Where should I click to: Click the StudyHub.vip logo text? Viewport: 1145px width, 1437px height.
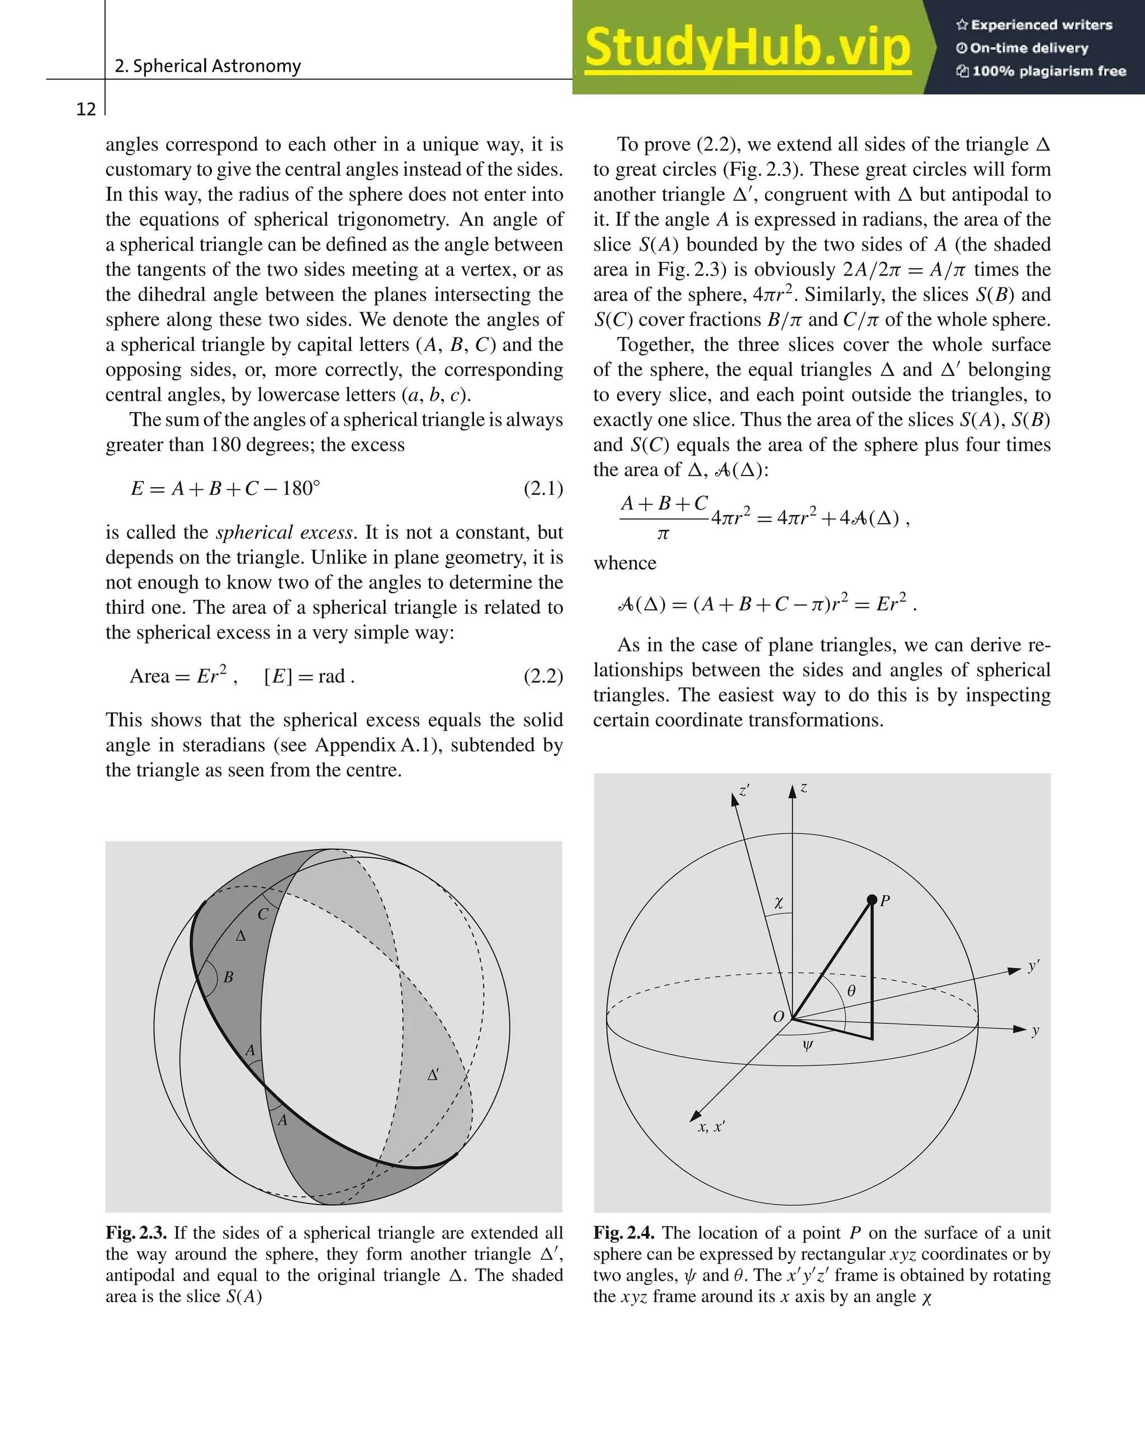click(x=747, y=48)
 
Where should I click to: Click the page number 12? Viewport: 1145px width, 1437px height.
click(x=86, y=109)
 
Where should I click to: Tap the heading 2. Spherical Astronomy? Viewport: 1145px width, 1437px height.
click(x=207, y=66)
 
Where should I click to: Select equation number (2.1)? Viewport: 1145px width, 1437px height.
click(x=543, y=489)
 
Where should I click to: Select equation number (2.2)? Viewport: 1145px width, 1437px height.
click(x=543, y=676)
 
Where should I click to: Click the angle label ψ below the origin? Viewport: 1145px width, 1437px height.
click(x=807, y=1045)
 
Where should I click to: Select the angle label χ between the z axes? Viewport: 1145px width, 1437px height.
click(x=779, y=903)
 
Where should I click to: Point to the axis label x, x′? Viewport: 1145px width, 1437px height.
click(x=711, y=1127)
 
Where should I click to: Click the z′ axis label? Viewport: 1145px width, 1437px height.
click(x=744, y=791)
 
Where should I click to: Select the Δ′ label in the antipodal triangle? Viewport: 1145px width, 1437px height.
click(x=433, y=1075)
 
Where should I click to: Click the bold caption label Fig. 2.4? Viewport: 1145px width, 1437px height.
click(x=623, y=1233)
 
